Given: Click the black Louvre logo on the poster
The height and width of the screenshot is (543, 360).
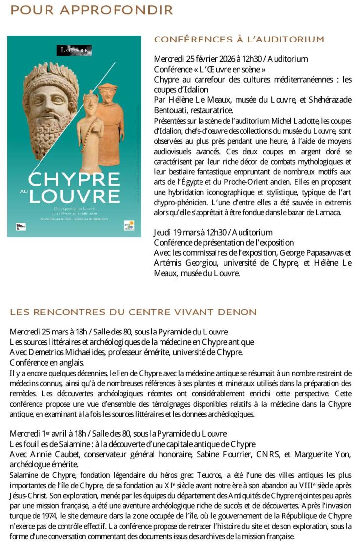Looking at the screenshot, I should tap(75, 50).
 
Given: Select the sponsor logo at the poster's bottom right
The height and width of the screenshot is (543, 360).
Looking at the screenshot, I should tap(129, 225).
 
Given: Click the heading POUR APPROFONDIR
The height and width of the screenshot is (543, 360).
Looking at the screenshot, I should tap(92, 10).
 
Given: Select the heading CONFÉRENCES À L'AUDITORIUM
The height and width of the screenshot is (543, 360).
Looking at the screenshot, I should tap(239, 39).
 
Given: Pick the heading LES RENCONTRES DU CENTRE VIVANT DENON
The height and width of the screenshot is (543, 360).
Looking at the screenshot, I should tap(133, 312).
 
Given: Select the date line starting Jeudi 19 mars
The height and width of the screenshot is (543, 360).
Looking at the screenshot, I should tap(213, 232).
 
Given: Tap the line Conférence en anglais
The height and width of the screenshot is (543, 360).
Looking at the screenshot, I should tap(46, 362).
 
